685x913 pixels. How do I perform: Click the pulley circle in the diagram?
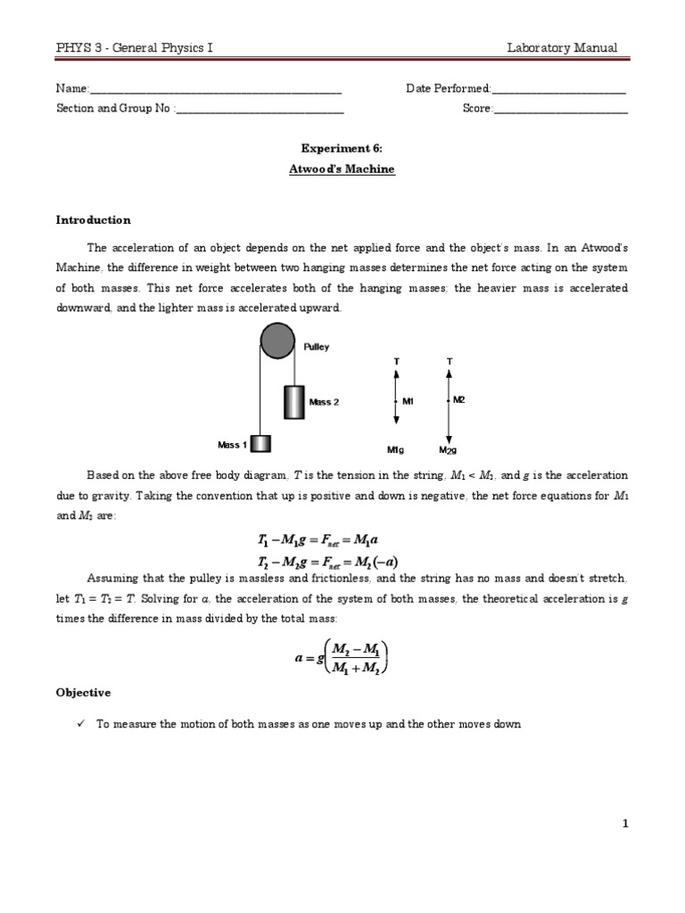(277, 343)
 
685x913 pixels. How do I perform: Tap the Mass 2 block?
(293, 402)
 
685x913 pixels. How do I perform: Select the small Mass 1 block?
(260, 443)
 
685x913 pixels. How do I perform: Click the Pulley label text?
(317, 347)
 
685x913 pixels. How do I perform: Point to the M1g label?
(396, 449)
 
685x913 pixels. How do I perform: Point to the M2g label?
(448, 449)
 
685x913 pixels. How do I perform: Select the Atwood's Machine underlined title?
(342, 169)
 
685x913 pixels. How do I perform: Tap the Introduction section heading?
(93, 219)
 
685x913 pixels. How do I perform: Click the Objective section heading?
(83, 692)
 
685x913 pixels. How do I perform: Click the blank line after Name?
(215, 90)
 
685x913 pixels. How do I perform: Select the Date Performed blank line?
(558, 90)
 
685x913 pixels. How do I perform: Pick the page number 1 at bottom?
(625, 824)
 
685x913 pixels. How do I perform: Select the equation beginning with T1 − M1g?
(318, 540)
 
